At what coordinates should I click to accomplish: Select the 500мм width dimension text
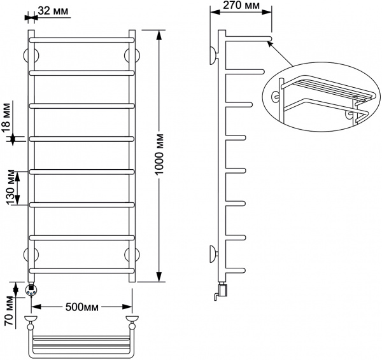click(83, 307)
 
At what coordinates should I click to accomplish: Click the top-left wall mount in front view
click(29, 54)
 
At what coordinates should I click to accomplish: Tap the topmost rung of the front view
click(81, 39)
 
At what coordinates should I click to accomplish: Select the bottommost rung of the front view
click(81, 272)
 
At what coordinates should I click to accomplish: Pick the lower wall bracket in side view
click(212, 255)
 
